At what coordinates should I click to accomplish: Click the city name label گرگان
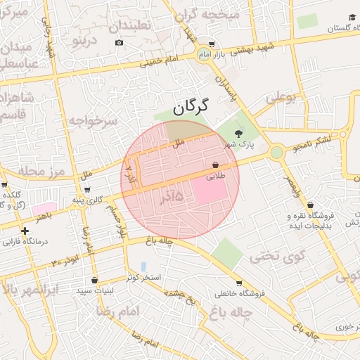[191, 107]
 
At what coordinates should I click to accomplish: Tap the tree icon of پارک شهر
[238, 133]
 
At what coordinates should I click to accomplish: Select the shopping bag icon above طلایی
[215, 166]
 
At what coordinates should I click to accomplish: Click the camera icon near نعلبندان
[119, 42]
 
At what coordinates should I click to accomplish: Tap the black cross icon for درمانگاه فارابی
[25, 231]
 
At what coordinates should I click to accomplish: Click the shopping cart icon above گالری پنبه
[86, 190]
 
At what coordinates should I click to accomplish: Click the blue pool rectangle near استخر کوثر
[143, 267]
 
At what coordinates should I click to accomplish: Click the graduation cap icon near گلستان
[352, 17]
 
